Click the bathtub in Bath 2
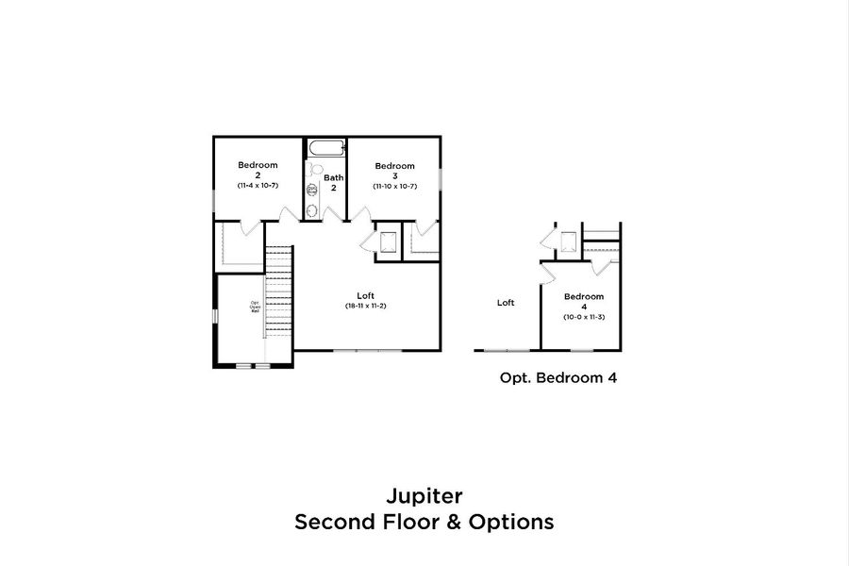tap(325, 148)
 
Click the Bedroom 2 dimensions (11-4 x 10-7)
tap(257, 186)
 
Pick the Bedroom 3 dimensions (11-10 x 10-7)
tap(394, 186)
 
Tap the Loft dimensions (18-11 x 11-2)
tap(365, 307)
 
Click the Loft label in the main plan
tap(365, 295)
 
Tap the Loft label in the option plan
tap(506, 303)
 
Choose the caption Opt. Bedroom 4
tap(558, 377)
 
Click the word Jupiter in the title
tap(424, 495)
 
